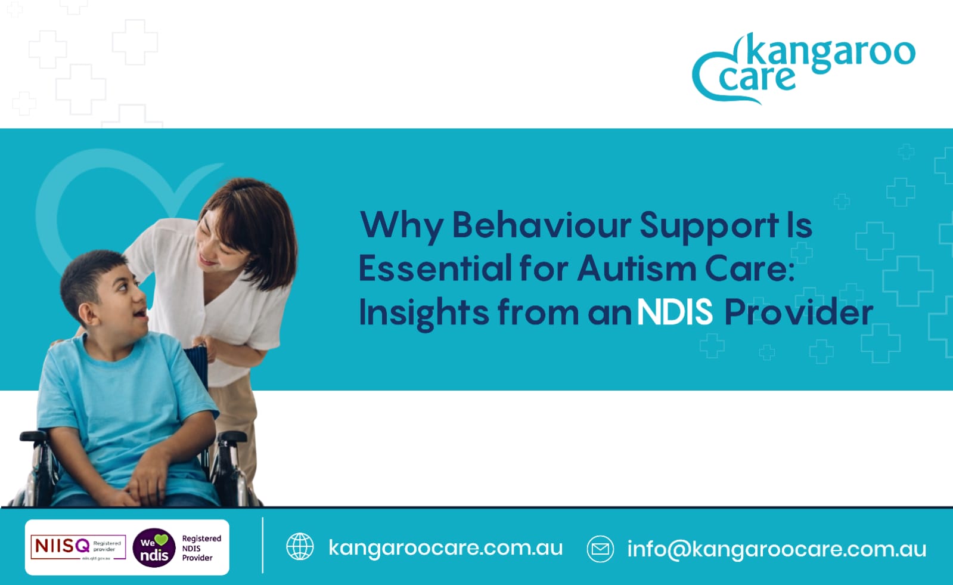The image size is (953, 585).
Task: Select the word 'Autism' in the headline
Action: [x=636, y=268]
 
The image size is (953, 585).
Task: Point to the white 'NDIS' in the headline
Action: [x=675, y=312]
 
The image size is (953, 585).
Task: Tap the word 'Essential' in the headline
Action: [x=434, y=268]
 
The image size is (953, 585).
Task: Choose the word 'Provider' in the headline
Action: [x=799, y=312]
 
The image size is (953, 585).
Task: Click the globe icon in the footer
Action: [x=300, y=547]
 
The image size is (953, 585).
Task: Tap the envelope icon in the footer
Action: [x=600, y=549]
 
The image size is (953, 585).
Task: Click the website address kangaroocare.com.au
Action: [x=445, y=547]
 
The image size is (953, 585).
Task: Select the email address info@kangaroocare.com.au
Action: [x=777, y=549]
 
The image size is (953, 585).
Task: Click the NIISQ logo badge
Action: [x=77, y=547]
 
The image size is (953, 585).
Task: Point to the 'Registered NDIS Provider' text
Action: [x=201, y=548]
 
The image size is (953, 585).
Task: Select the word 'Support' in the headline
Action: [x=709, y=225]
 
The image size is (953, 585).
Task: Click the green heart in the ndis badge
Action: [x=162, y=540]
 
